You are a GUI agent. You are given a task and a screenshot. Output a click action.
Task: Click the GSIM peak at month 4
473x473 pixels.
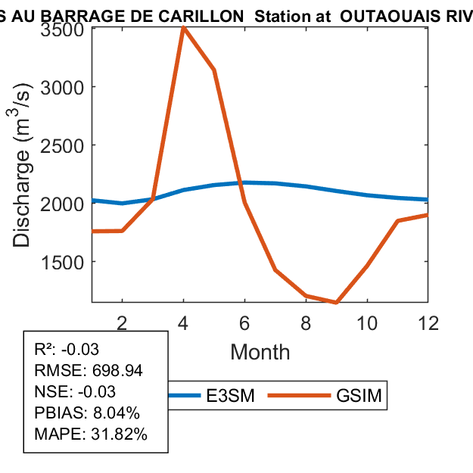tap(184, 28)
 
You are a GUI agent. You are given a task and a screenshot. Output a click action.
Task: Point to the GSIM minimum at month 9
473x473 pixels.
tap(336, 302)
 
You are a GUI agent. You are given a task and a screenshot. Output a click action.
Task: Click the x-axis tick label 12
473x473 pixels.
tap(428, 322)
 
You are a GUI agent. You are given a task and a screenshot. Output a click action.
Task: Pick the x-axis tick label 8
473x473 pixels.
tap(306, 322)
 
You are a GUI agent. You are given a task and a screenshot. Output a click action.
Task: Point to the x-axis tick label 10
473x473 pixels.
tap(366, 322)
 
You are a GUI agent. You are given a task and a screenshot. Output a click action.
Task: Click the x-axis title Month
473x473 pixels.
tap(260, 351)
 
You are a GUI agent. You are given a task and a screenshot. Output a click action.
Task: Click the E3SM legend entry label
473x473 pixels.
tap(230, 396)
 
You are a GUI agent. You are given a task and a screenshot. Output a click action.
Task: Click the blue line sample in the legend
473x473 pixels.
tap(184, 396)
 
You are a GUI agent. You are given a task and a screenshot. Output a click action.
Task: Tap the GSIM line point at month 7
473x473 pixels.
tap(275, 269)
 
